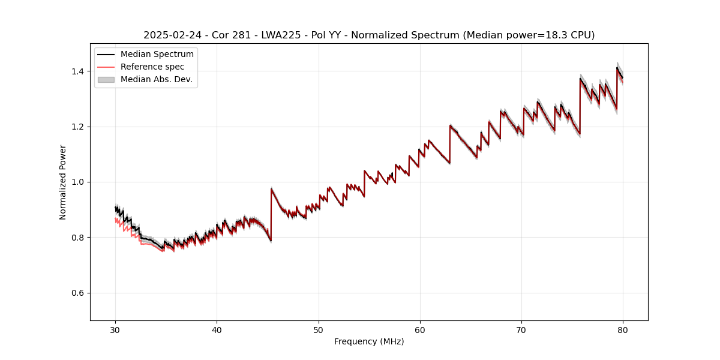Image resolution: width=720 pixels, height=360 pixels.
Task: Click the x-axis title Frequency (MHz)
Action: [x=369, y=341]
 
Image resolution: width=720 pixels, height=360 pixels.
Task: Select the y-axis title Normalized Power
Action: [x=63, y=182]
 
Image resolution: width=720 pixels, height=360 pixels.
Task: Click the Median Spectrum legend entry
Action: [x=157, y=55]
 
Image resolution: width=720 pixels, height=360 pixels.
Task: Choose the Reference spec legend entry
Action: [x=152, y=67]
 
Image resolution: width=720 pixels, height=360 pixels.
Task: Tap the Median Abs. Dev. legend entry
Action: [x=156, y=79]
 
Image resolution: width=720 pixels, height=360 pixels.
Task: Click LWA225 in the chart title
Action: [x=281, y=35]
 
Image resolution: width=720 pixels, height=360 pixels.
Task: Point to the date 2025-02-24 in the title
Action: [x=170, y=35]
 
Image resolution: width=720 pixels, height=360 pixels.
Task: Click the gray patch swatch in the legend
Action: [x=106, y=79]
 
